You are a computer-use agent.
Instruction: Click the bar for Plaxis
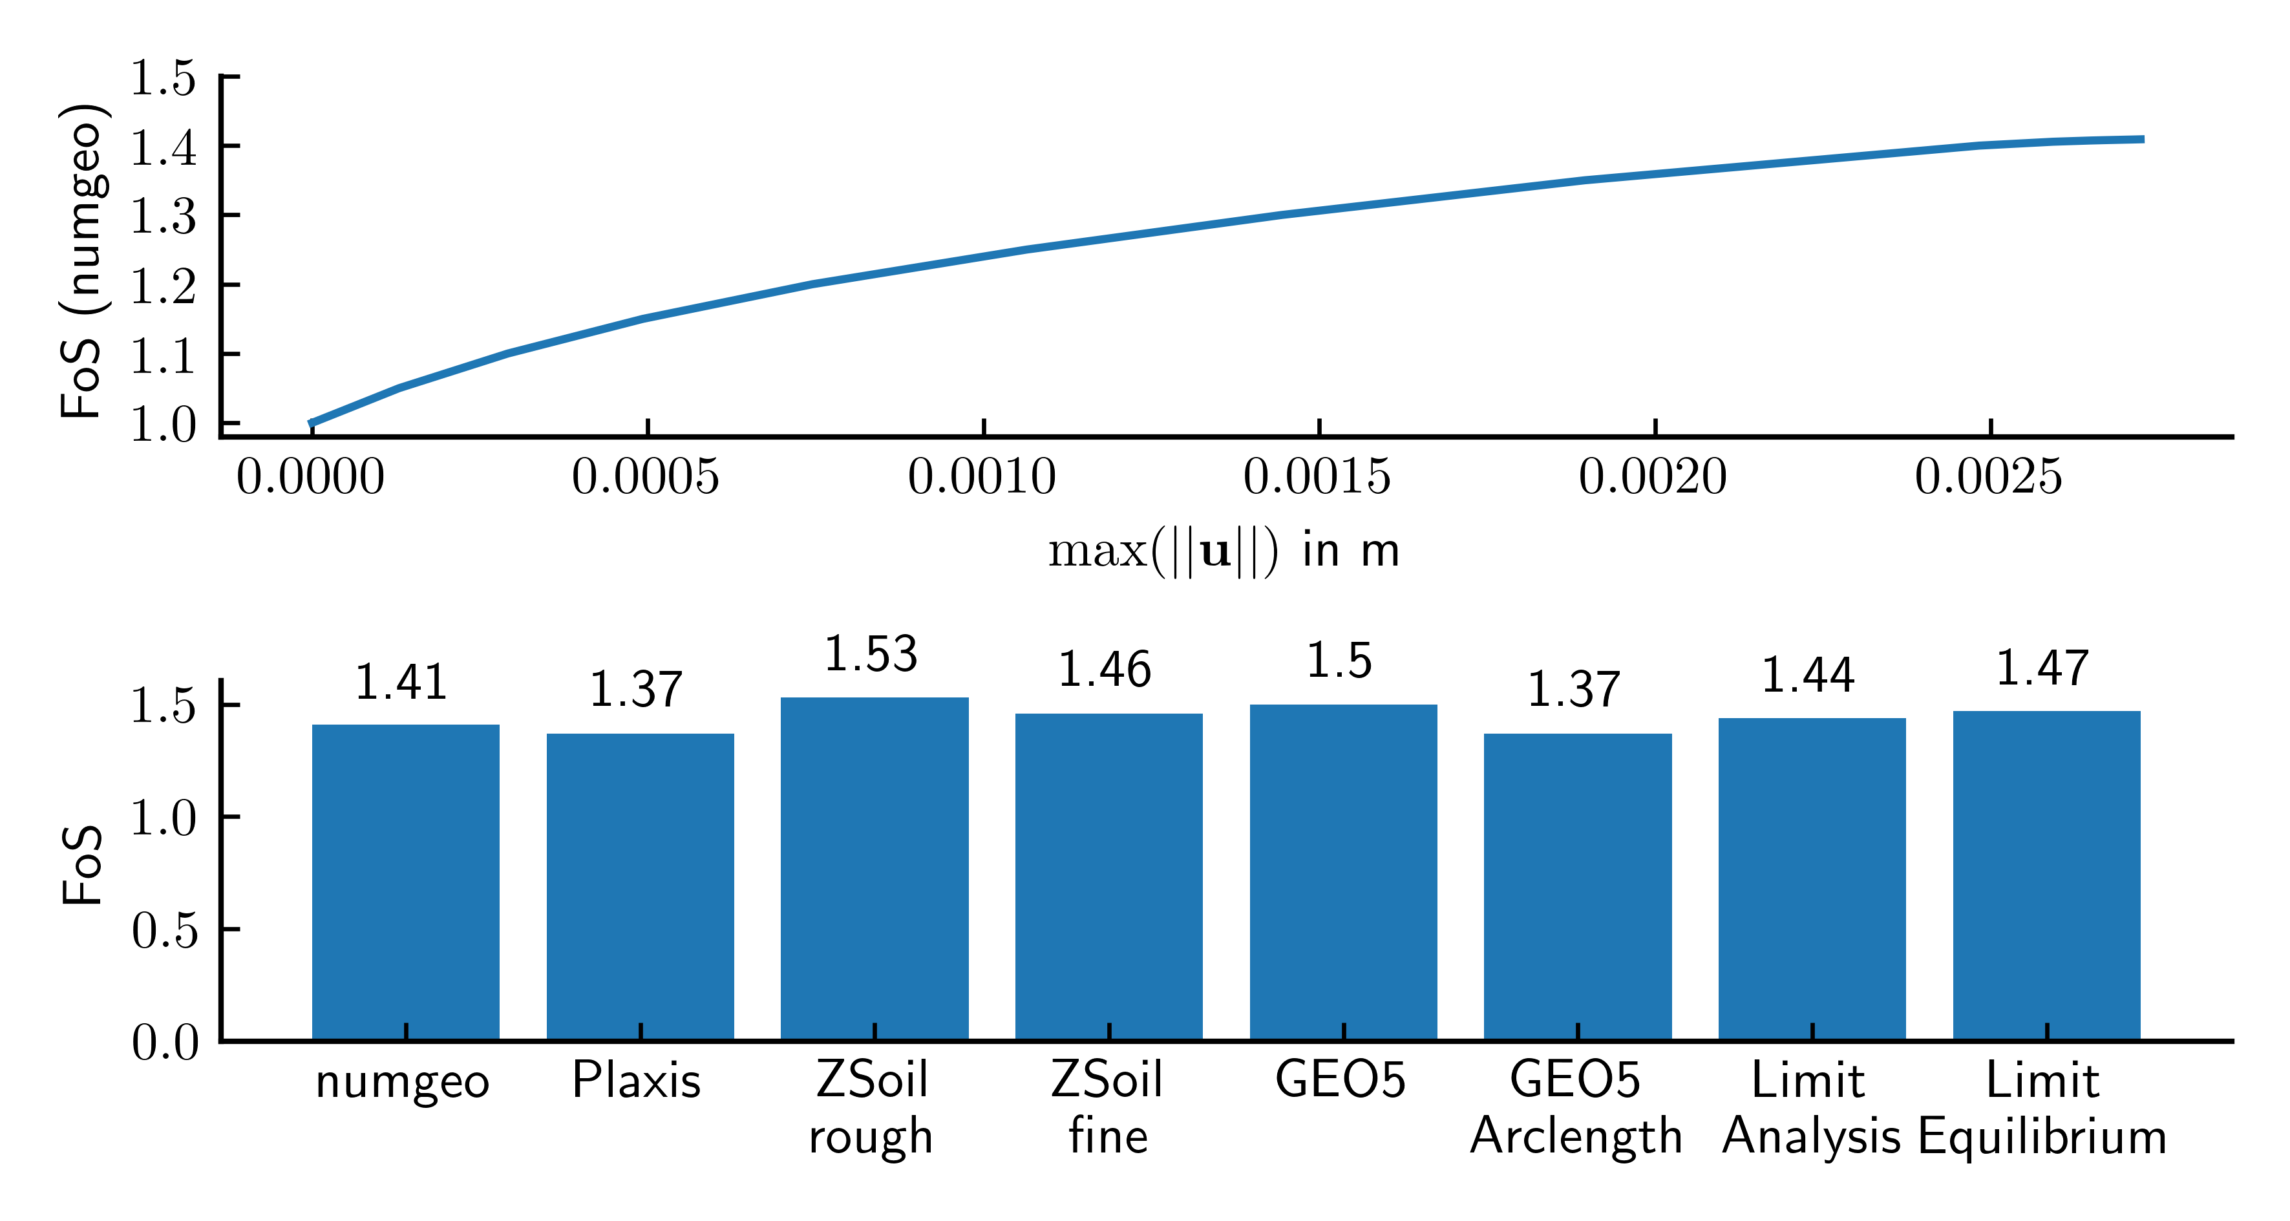pyautogui.click(x=640, y=886)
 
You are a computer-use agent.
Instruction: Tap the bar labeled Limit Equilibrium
pyautogui.click(x=2046, y=875)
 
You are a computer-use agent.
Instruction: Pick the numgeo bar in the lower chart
pyautogui.click(x=405, y=881)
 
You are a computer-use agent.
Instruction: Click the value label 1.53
pyautogui.click(x=871, y=655)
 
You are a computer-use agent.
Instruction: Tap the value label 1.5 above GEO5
pyautogui.click(x=1339, y=661)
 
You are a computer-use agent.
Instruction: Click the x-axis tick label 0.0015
pyautogui.click(x=1317, y=478)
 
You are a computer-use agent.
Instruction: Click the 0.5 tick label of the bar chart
pyautogui.click(x=165, y=930)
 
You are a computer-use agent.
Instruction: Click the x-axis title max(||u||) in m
pyautogui.click(x=1224, y=551)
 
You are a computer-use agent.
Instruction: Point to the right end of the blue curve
pyautogui.click(x=2143, y=140)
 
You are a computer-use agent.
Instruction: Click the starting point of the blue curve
pyautogui.click(x=310, y=423)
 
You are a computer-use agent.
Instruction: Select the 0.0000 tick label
pyautogui.click(x=310, y=478)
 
